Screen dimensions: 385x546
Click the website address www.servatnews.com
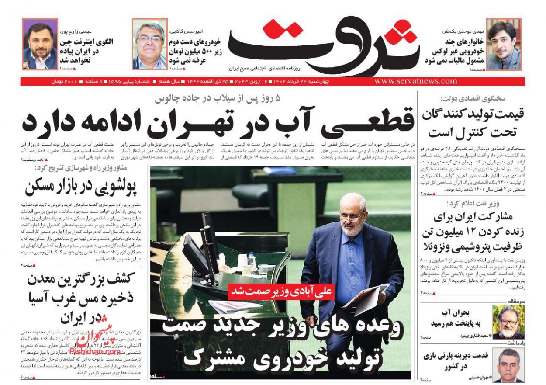coord(415,81)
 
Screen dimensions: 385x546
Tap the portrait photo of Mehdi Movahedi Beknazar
coord(504,45)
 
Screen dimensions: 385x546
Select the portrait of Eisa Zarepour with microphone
coord(40,45)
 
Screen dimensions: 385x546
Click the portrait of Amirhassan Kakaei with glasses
coord(150,45)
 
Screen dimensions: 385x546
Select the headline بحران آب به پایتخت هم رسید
coord(456,318)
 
